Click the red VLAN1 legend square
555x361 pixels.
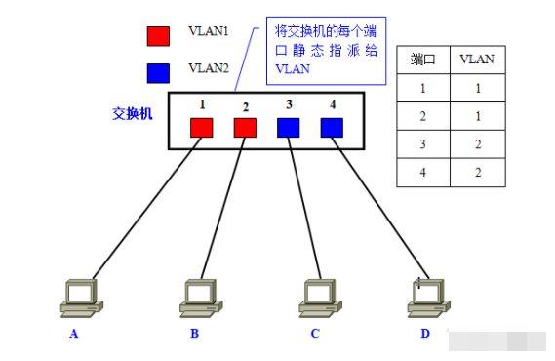click(157, 36)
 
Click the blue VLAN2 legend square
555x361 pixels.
click(157, 73)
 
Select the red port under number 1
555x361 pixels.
click(202, 128)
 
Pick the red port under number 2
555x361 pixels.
click(245, 128)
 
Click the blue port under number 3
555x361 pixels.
click(288, 128)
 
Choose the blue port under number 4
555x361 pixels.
click(332, 128)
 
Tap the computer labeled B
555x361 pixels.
click(199, 297)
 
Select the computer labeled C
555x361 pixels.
click(317, 297)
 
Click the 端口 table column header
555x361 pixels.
click(422, 60)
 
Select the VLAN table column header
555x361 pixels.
click(477, 60)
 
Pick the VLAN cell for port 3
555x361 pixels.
click(477, 144)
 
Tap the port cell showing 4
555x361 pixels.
click(422, 173)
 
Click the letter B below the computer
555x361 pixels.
click(195, 334)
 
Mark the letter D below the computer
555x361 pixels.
click(424, 334)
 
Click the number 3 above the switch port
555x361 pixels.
click(289, 102)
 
